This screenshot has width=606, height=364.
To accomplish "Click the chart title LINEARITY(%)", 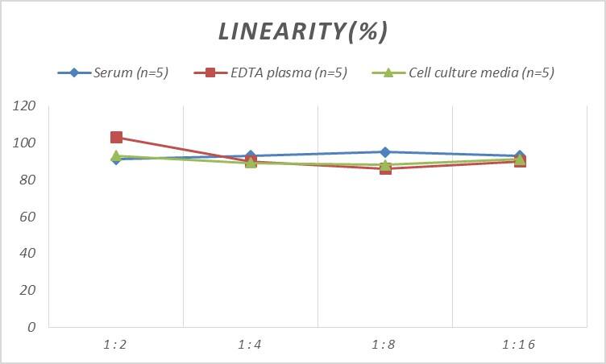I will click(303, 31).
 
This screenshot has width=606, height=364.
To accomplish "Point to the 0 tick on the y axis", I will click(31, 327).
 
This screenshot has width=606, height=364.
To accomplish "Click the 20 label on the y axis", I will click(27, 290).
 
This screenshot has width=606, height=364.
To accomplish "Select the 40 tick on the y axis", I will click(27, 253).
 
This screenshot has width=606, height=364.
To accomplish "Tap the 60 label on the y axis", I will click(27, 217).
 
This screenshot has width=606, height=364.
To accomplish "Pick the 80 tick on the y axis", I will click(27, 180).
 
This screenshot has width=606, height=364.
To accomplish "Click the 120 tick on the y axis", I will click(24, 106).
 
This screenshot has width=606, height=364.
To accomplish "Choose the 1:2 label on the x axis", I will click(116, 345).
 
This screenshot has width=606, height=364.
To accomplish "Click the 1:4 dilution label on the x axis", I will click(251, 345).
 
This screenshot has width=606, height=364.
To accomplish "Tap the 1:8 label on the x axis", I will click(385, 345).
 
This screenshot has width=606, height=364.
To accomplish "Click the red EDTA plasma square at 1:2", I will click(116, 138).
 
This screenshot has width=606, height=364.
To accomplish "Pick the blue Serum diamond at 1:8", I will click(385, 152).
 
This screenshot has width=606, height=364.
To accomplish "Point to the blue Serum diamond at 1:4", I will click(251, 155).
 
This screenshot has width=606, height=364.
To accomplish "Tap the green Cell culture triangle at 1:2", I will click(116, 156).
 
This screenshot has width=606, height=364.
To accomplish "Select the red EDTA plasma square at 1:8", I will click(385, 168).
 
